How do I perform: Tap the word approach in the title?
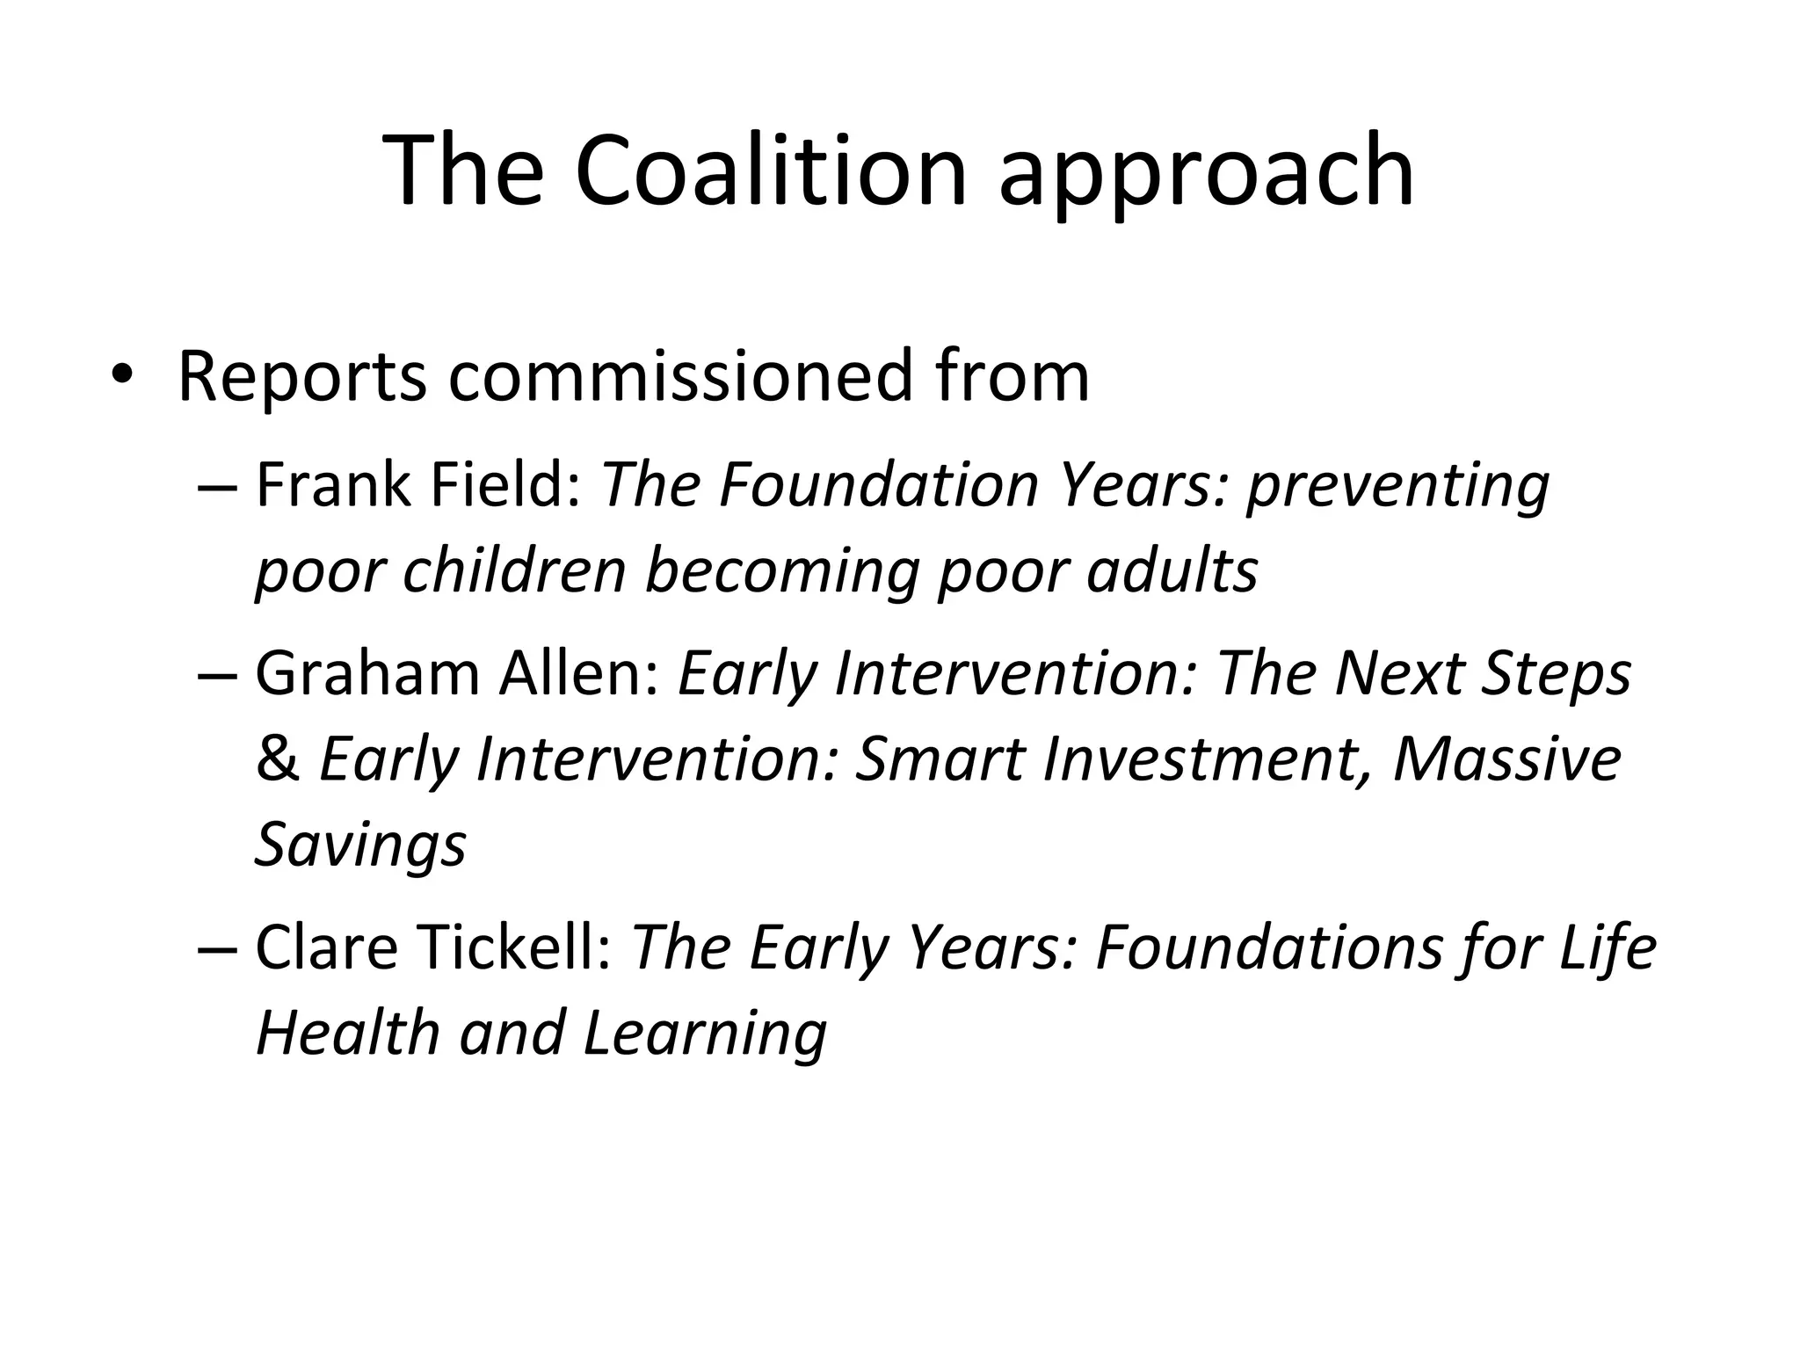[1206, 176]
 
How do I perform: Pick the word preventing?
[1397, 488]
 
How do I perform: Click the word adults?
[1172, 570]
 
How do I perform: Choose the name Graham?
[367, 673]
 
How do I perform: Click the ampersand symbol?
[277, 759]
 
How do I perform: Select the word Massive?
[1506, 759]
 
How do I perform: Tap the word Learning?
[704, 1035]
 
